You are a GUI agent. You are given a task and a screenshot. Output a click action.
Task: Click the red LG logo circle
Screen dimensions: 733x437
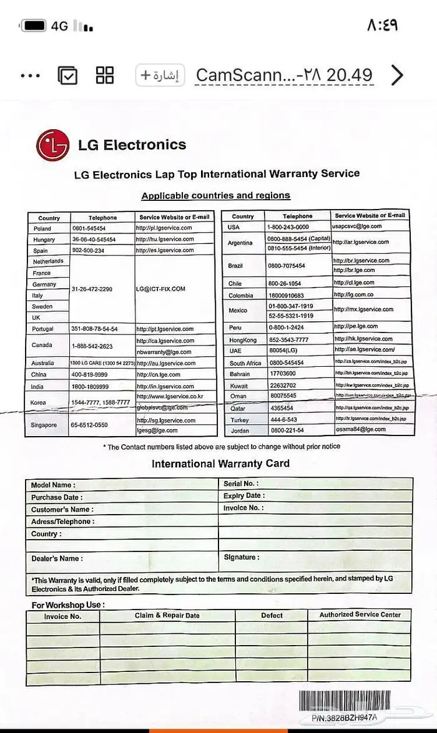(x=52, y=146)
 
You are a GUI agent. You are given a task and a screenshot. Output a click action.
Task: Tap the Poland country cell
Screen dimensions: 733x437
(x=42, y=228)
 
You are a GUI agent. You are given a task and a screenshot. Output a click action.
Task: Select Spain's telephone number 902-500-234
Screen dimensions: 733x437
(x=88, y=250)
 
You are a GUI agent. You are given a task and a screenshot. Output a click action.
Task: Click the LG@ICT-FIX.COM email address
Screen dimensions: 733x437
(x=161, y=289)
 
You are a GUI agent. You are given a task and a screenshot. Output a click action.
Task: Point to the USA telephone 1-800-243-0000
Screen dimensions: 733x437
(x=287, y=227)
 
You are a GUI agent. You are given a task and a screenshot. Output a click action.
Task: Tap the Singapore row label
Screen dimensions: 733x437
(x=44, y=425)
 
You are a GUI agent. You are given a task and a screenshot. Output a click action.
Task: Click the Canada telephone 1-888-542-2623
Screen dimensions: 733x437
(x=92, y=346)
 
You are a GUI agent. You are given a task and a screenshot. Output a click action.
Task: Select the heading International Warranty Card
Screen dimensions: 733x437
(x=220, y=464)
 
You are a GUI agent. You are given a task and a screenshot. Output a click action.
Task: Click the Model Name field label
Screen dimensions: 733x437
(x=53, y=485)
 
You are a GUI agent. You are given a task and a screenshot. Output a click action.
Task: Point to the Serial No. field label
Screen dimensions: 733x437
(x=241, y=483)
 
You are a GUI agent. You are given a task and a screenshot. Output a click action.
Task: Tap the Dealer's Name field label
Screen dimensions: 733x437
(x=57, y=558)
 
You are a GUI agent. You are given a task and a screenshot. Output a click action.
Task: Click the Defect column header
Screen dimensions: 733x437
(x=272, y=615)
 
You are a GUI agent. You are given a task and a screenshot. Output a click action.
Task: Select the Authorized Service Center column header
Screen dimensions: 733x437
(x=360, y=614)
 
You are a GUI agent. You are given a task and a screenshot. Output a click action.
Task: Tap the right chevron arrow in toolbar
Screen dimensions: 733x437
(x=397, y=75)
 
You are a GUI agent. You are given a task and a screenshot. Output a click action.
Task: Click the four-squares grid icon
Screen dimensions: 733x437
(x=105, y=75)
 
